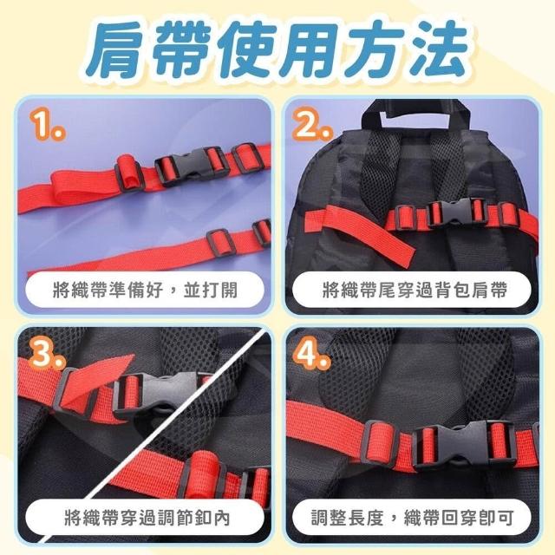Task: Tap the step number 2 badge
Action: [312, 125]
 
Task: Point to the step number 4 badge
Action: [311, 353]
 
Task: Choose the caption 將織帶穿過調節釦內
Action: [147, 519]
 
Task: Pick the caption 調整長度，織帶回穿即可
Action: [413, 519]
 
